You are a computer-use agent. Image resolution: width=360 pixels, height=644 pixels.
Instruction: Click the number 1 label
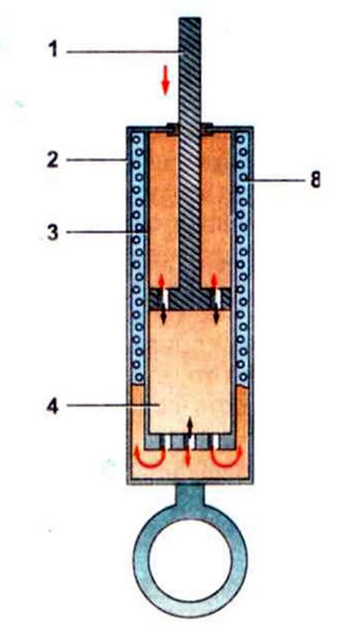click(x=52, y=51)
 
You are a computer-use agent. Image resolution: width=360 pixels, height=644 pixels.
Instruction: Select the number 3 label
click(x=52, y=232)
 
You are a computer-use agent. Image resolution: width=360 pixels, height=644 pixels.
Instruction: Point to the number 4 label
click(x=52, y=405)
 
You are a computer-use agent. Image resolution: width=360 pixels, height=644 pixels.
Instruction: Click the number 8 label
click(x=315, y=179)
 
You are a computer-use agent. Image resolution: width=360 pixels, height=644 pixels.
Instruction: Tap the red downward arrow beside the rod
click(x=165, y=84)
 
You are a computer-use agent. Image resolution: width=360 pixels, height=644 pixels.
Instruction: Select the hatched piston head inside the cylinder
click(x=189, y=299)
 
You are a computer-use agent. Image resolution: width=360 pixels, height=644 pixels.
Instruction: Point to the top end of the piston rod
click(x=190, y=18)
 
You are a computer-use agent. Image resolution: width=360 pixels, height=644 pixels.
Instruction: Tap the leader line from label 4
click(x=113, y=405)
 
